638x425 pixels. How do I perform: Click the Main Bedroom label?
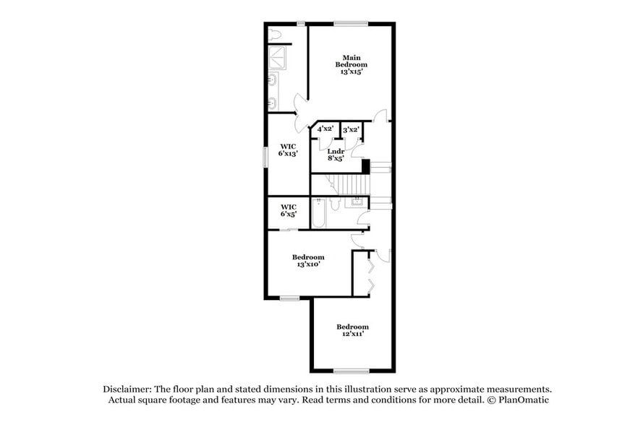(351, 61)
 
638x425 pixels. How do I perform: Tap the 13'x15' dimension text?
(351, 72)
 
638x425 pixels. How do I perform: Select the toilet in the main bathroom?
(275, 34)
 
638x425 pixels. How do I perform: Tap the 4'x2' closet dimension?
(325, 129)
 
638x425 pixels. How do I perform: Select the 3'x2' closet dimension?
(351, 129)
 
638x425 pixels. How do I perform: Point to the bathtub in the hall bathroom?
(319, 213)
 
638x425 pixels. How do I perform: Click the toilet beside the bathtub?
(333, 205)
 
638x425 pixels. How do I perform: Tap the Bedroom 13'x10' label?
(308, 261)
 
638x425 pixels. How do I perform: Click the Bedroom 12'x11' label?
(352, 330)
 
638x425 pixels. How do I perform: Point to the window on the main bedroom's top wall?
(352, 24)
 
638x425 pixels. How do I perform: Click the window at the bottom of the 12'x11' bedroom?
(346, 372)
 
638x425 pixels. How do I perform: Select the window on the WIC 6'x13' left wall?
(265, 156)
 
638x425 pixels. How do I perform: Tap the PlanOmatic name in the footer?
(527, 400)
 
